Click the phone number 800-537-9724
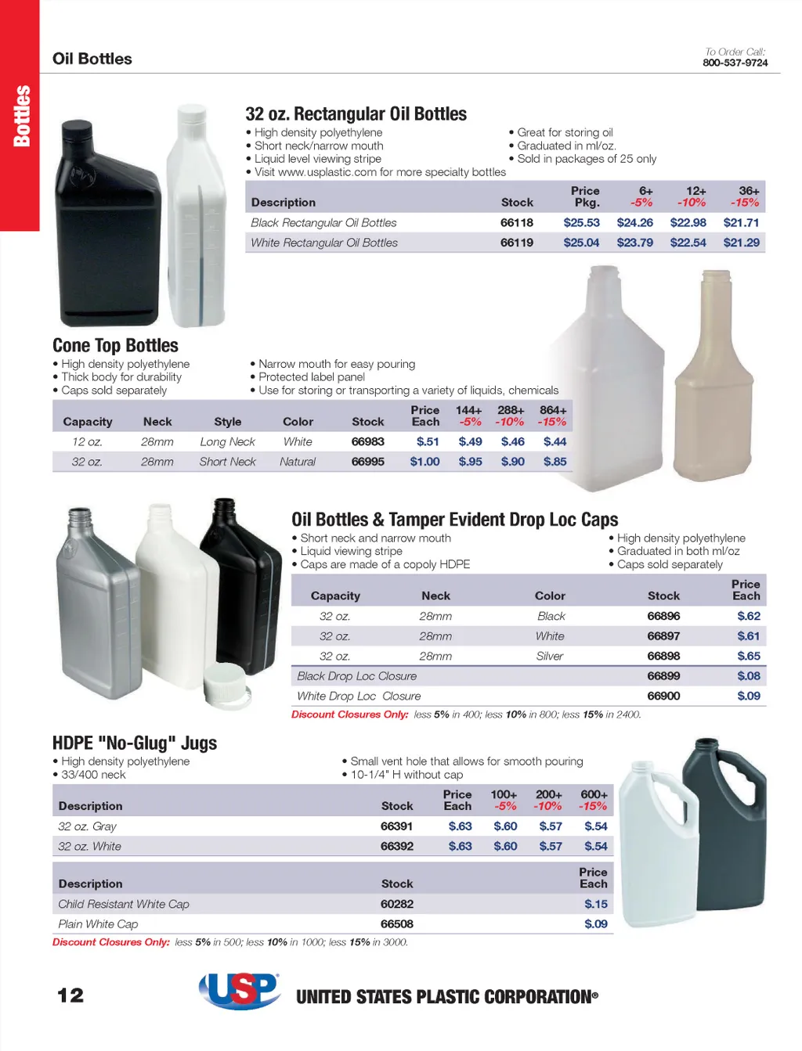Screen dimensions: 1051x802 coord(735,63)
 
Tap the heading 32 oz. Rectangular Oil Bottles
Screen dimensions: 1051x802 coord(356,114)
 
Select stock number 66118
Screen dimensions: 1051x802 coord(517,223)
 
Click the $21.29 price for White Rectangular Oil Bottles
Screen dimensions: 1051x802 coord(741,243)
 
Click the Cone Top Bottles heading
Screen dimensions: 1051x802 coord(115,346)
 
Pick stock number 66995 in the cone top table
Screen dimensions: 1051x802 coord(367,462)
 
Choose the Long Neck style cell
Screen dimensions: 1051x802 coord(227,442)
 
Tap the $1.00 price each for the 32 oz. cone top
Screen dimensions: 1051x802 coord(424,462)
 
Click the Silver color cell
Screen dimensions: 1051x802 coord(550,657)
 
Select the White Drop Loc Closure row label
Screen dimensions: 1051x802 coord(359,696)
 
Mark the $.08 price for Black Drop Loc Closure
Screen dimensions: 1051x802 coord(748,676)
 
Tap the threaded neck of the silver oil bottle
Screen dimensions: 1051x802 coord(80,520)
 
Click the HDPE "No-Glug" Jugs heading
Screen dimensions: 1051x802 coord(135,743)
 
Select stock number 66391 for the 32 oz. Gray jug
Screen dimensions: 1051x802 coord(396,826)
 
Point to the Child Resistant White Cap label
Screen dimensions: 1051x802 coord(124,904)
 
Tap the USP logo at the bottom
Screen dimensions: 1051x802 coord(240,991)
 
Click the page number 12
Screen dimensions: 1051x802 coord(70,995)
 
